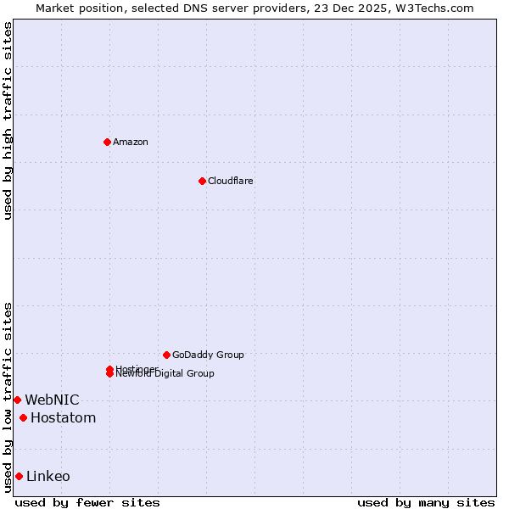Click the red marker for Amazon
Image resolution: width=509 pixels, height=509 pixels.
107,142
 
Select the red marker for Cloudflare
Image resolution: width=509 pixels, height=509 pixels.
202,181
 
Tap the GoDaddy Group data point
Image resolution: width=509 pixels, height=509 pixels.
166,355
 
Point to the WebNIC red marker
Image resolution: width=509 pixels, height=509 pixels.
17,400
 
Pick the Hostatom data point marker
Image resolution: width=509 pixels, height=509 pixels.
23,417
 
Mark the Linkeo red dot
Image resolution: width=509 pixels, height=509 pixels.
19,476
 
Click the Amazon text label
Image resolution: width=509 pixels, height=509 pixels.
130,142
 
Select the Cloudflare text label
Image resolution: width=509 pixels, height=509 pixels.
230,181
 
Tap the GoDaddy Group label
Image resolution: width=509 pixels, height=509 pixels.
208,355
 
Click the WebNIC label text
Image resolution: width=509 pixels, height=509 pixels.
52,400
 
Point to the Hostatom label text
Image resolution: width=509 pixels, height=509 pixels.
63,417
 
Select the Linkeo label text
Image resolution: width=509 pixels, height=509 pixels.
48,476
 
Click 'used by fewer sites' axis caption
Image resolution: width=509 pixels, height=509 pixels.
87,503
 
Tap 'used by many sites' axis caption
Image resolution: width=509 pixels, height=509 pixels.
426,503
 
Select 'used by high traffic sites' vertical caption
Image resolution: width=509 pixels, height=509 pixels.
8,120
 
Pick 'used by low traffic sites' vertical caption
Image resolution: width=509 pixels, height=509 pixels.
8,397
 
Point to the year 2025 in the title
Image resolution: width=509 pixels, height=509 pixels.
378,8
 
